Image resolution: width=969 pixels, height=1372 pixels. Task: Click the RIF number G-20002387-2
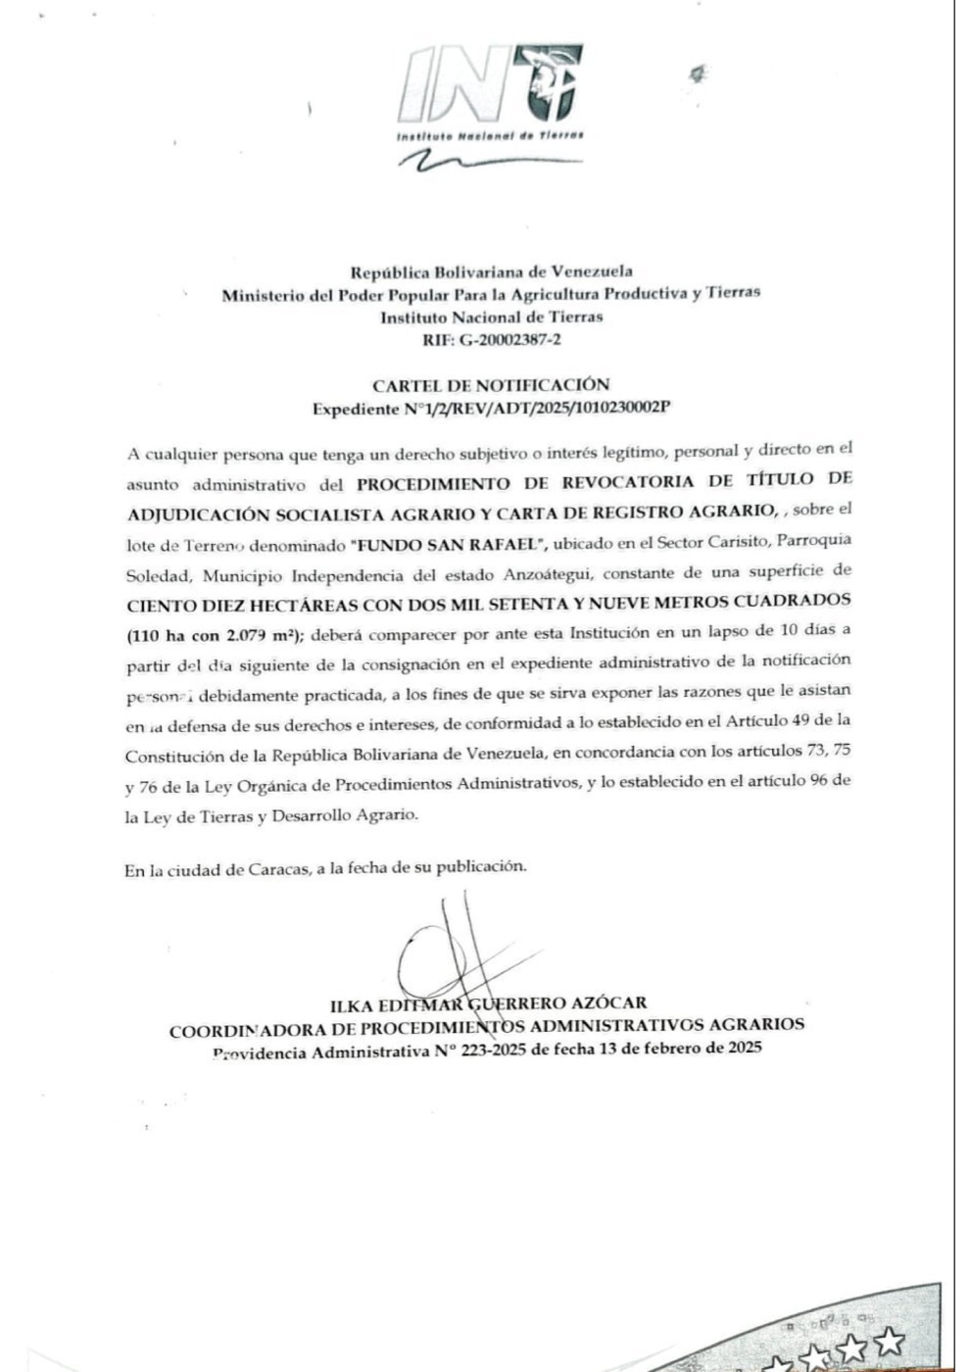[491, 340]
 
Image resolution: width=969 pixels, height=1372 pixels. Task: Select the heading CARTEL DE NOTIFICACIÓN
[490, 385]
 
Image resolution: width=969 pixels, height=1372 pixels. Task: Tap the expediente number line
[491, 409]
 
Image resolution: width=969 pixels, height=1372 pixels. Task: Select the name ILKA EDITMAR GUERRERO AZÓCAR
[488, 1003]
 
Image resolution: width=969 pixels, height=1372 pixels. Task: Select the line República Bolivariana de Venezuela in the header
[491, 271]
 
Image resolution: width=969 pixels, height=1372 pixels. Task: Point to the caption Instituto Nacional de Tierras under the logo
[490, 134]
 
